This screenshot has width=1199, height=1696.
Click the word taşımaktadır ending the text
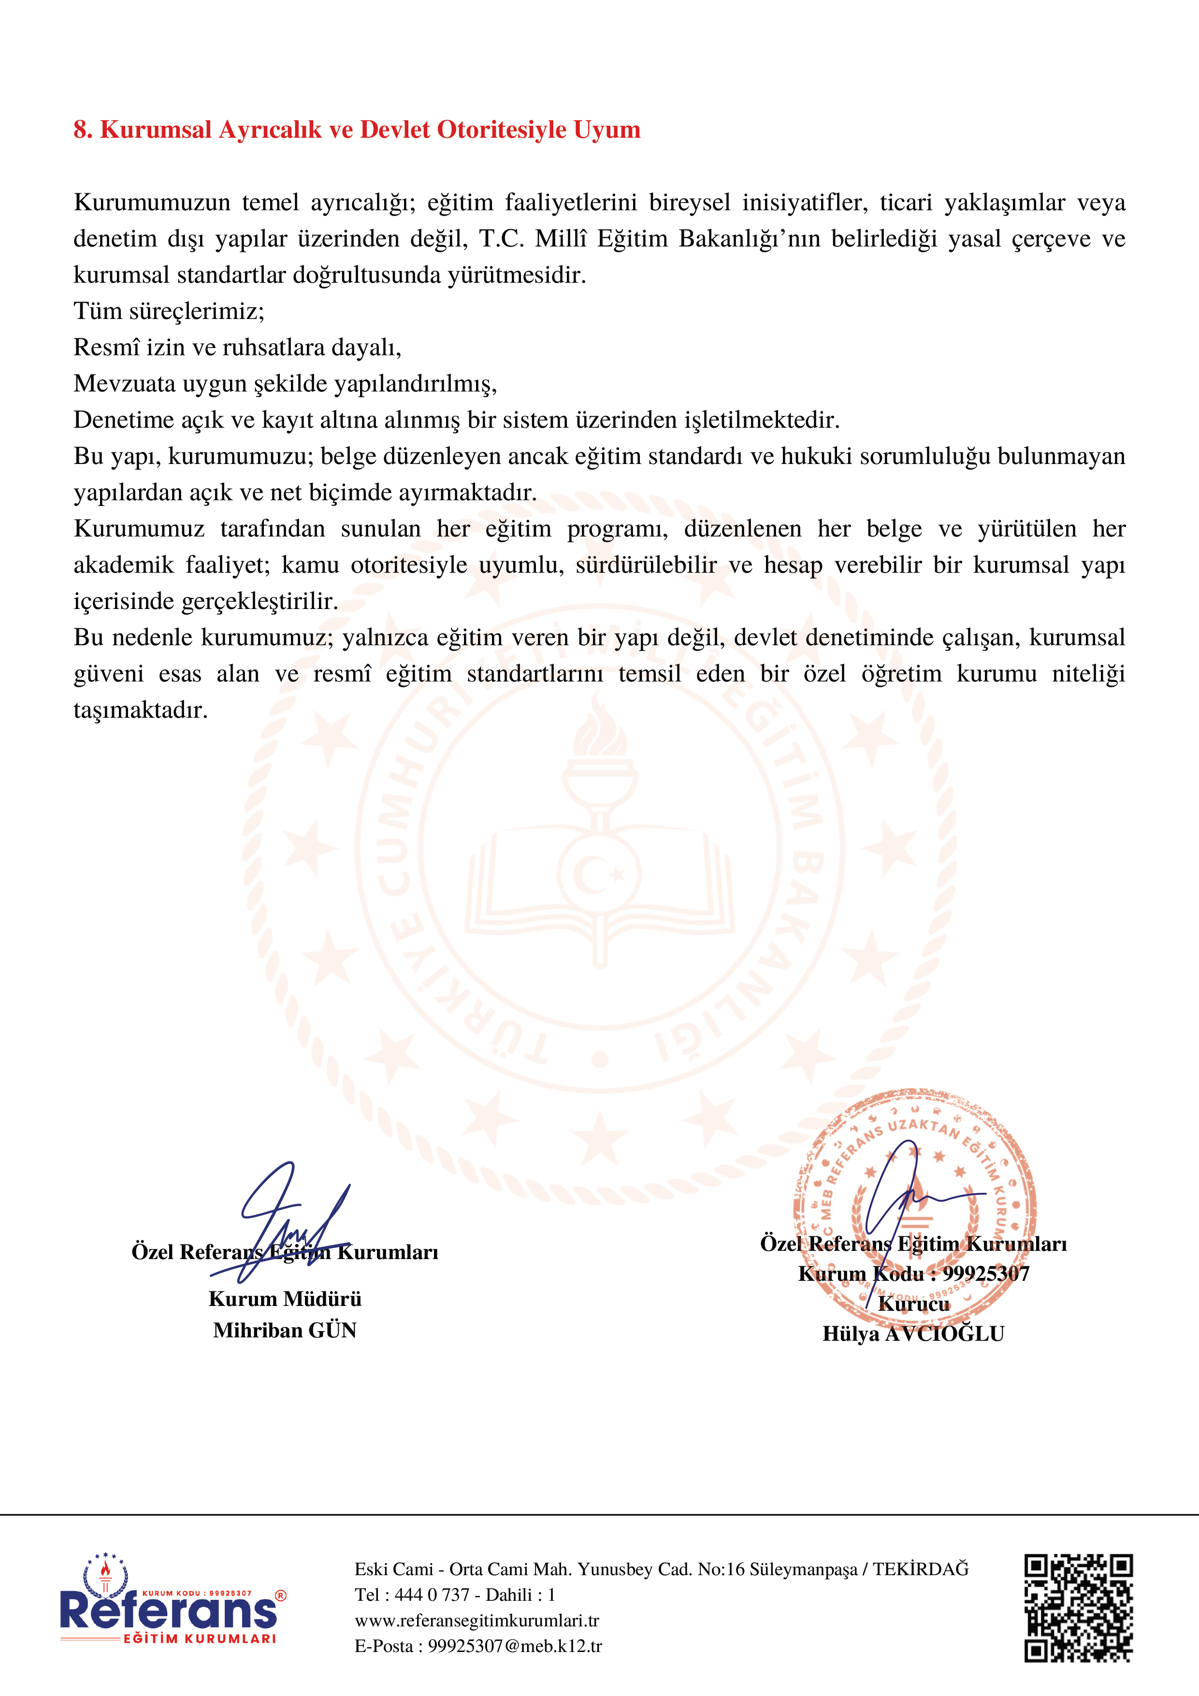point(140,710)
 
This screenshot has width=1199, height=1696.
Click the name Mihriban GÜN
point(285,1330)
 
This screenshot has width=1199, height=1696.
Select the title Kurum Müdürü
point(285,1299)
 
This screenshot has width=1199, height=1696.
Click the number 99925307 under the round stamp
point(985,1274)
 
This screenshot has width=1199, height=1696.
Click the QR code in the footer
point(1078,1608)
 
